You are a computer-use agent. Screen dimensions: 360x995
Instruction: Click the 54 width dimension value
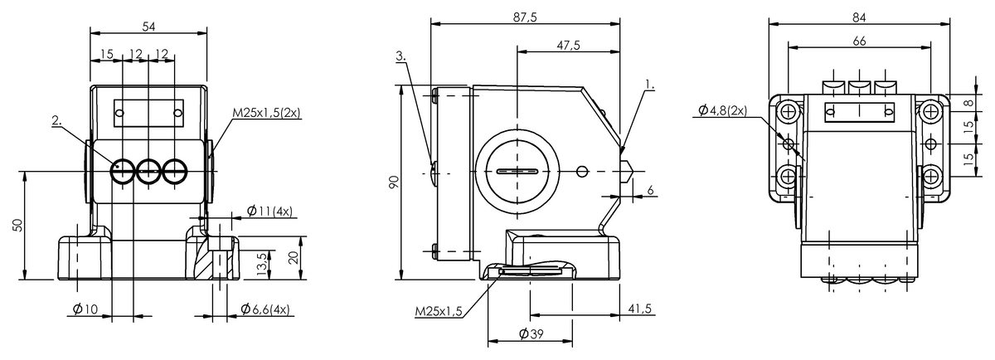tap(148, 27)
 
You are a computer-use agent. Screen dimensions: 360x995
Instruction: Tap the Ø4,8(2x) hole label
tap(722, 110)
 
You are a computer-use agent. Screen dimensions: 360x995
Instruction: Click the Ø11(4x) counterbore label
tap(270, 212)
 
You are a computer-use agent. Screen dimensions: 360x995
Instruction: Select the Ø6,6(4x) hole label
tap(265, 309)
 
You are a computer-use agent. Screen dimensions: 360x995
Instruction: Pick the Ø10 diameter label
tap(85, 309)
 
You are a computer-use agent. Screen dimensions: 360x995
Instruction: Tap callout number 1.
tap(650, 85)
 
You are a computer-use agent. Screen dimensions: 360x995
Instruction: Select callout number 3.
tap(400, 56)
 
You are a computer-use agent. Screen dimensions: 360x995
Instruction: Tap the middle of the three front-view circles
tap(148, 172)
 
